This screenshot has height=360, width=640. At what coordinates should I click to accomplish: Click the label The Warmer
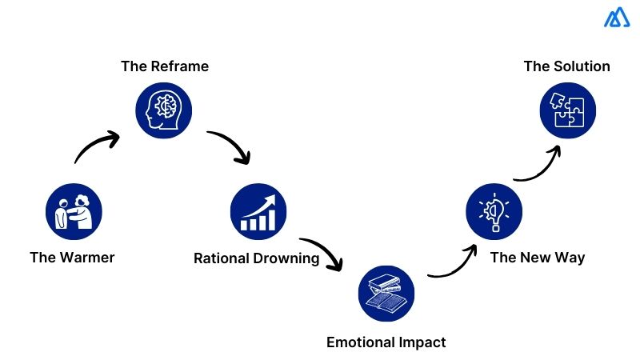(72, 258)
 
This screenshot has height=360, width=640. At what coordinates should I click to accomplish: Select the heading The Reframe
(165, 66)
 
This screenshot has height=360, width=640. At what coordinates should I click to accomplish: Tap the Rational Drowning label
(256, 258)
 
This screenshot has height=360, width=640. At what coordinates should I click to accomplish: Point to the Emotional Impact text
(386, 342)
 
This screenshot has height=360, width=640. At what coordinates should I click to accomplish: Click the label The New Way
(538, 258)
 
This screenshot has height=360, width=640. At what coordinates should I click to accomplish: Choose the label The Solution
(566, 66)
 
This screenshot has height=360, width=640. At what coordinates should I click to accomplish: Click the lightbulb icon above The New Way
(494, 211)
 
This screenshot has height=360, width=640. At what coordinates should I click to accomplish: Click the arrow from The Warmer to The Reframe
(96, 146)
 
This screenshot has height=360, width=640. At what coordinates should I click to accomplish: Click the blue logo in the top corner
(617, 18)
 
